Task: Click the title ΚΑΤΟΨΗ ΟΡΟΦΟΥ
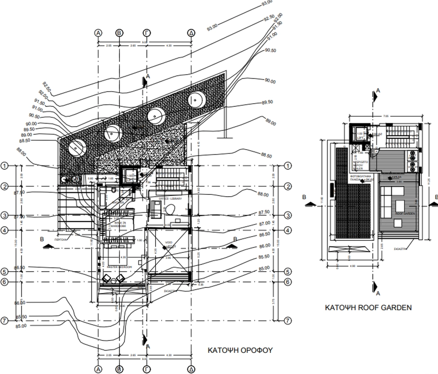240,350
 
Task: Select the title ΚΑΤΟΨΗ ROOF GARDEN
368,308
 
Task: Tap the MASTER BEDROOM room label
119,268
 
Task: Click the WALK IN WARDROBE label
119,224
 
